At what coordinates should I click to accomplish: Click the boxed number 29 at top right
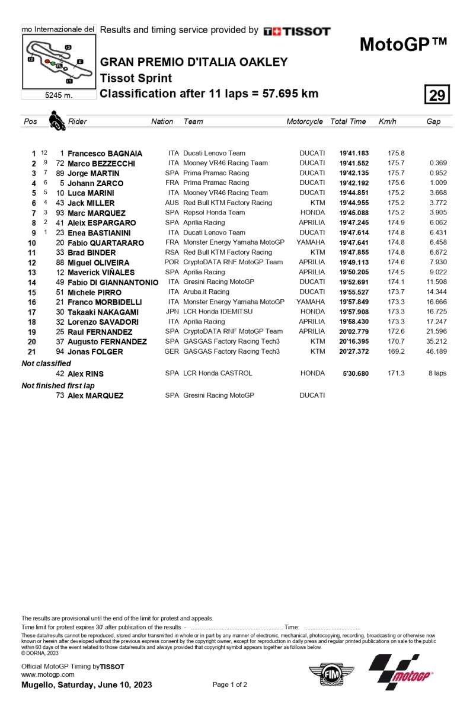(x=437, y=95)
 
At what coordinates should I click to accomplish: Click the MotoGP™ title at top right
(x=403, y=45)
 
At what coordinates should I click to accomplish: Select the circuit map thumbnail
(x=57, y=62)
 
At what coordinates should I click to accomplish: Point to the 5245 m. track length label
(x=58, y=95)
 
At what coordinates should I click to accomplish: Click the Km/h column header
(x=387, y=121)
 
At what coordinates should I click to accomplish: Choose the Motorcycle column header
(x=305, y=121)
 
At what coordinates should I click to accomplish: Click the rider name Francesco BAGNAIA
(x=105, y=153)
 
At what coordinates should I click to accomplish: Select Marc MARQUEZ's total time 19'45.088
(x=354, y=213)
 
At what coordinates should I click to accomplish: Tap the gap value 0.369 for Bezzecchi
(x=438, y=163)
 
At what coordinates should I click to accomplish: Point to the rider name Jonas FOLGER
(x=95, y=351)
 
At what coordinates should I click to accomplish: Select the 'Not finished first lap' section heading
(x=57, y=385)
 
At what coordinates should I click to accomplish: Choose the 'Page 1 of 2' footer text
(x=229, y=684)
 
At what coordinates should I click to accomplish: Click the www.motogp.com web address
(x=47, y=674)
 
